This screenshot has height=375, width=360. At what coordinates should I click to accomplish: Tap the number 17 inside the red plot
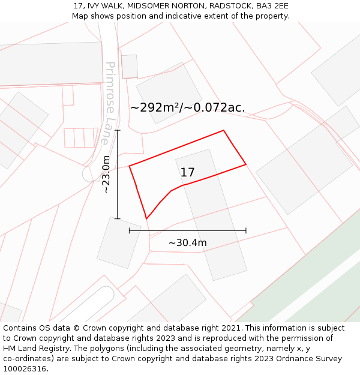tap(187, 172)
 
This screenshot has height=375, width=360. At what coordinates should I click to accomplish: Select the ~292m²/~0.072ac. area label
tap(188, 107)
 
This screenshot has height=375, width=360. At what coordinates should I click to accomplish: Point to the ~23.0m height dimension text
tap(106, 174)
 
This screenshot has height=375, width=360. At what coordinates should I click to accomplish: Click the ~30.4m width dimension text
tap(187, 243)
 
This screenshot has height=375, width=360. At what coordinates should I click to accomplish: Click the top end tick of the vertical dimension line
tap(118, 130)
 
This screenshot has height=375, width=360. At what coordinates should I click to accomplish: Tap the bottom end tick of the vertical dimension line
tap(118, 219)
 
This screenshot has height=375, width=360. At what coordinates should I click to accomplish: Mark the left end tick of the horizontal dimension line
tap(130, 230)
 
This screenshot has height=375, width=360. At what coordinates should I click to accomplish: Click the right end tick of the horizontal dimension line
tap(246, 230)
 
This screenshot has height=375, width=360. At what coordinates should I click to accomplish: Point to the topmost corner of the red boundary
tap(224, 130)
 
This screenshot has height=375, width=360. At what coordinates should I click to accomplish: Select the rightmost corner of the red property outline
tap(246, 164)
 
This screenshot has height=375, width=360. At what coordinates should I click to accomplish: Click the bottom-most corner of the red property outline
tap(146, 219)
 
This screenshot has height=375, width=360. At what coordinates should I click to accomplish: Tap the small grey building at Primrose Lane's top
tap(130, 67)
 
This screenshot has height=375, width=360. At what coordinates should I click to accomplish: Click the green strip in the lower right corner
tap(312, 282)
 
